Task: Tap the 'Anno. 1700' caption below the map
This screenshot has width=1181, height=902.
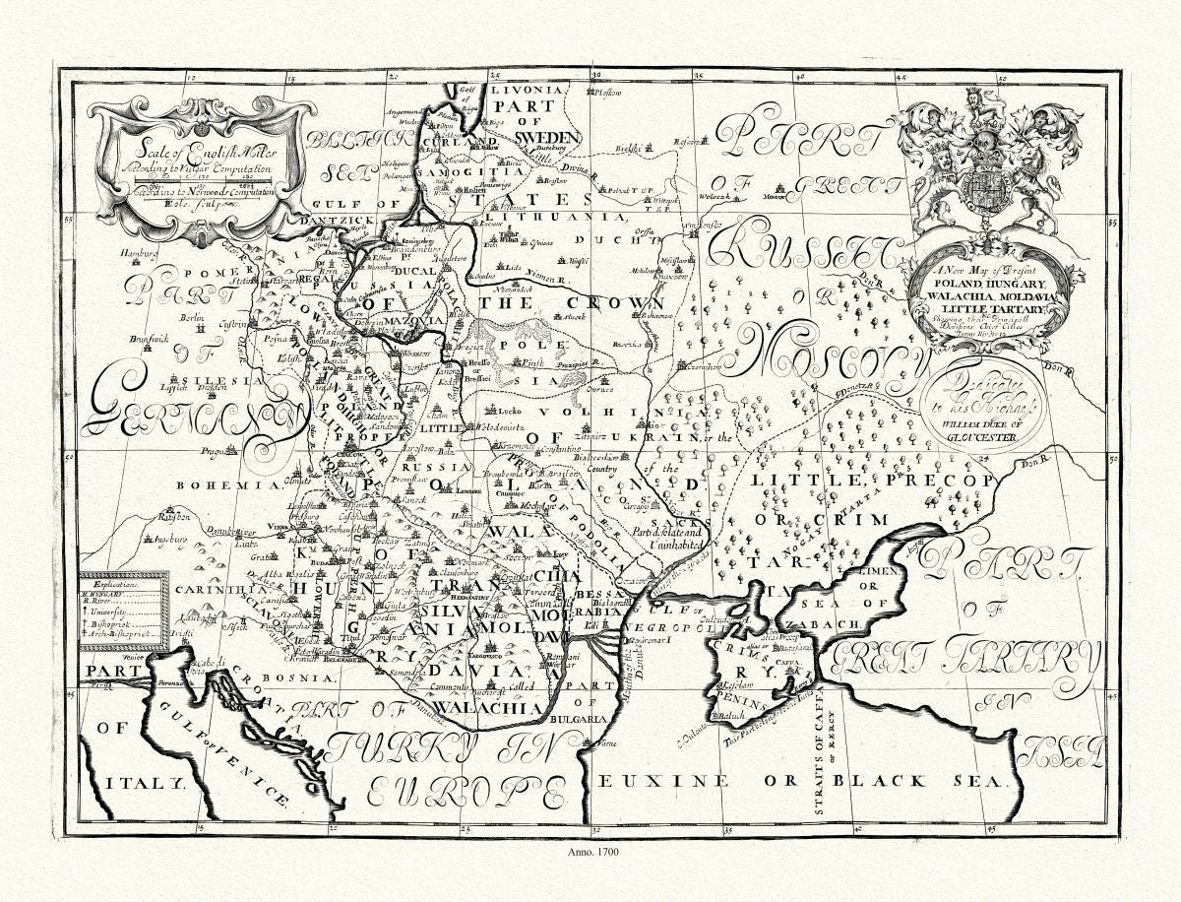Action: coord(590,853)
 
